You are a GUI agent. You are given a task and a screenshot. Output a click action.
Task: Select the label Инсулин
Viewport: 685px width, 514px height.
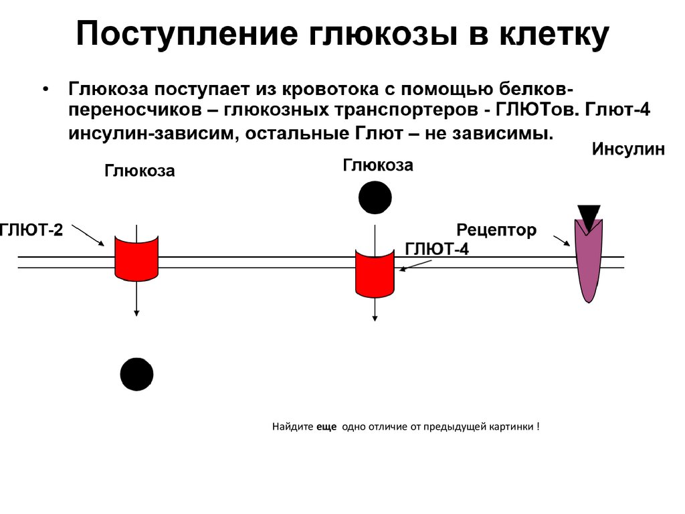[x=628, y=149]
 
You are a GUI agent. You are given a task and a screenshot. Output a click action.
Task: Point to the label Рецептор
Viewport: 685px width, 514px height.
[x=496, y=231]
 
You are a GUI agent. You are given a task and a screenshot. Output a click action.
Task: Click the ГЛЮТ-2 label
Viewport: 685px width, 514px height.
[x=31, y=231]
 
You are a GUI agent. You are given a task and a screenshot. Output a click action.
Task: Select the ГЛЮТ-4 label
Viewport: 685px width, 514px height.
[x=437, y=249]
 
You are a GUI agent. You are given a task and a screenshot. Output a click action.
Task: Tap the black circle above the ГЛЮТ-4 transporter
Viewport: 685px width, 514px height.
[x=375, y=197]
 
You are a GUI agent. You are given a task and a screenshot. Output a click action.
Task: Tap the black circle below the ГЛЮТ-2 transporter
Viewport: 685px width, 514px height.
[x=136, y=374]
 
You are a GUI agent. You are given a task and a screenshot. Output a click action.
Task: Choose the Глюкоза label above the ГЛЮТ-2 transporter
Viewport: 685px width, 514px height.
[x=139, y=171]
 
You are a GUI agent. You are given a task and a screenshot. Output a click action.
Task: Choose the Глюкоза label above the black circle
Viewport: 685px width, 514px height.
[x=378, y=165]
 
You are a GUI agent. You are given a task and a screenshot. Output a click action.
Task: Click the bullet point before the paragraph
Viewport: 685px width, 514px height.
[x=45, y=90]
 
